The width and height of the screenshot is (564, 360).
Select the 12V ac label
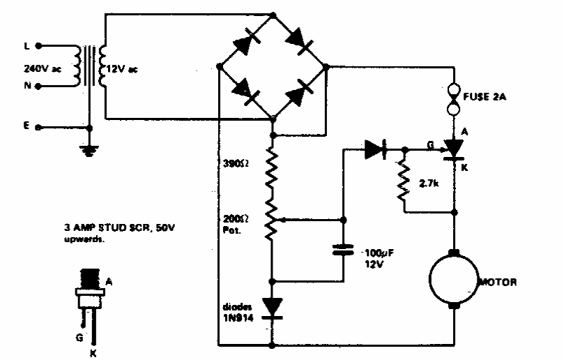point(123,70)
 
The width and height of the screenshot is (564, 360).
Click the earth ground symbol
point(89,148)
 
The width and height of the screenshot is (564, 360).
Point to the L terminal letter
point(26,46)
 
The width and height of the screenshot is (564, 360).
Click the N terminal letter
point(26,87)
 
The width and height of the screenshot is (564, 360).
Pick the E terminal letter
point(26,127)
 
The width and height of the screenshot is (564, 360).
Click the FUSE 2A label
point(487,97)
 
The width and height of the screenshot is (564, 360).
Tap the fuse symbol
point(453,99)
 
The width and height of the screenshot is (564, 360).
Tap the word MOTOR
point(497,283)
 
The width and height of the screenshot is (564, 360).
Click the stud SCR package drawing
point(87,293)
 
